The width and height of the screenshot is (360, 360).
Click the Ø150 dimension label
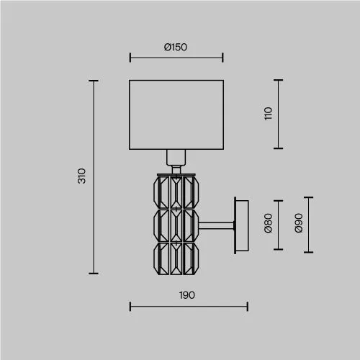[x=176, y=47]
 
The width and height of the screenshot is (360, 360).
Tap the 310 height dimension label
[x=82, y=176]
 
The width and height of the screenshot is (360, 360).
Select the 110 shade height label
[x=268, y=114]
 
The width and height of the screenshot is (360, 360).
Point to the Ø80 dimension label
[x=268, y=223]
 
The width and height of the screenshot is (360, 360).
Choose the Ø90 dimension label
[x=299, y=222]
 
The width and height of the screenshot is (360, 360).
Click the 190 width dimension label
[x=187, y=295]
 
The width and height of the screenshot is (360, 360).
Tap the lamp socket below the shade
[x=176, y=158]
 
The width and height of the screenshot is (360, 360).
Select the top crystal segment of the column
[x=176, y=192]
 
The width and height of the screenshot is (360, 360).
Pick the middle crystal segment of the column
[x=176, y=225]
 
